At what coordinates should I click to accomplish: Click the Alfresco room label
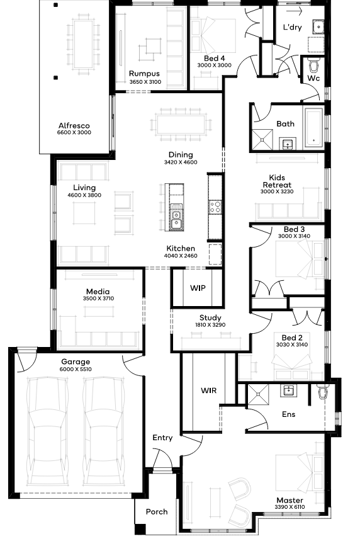point(74,125)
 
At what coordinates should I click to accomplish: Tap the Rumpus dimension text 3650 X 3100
point(145,82)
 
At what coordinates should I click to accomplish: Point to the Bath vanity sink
point(288,144)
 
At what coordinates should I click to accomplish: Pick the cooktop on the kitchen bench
point(215,207)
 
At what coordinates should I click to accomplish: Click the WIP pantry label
point(198,288)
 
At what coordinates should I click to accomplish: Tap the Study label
point(210,317)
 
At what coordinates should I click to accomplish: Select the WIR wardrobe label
point(208,390)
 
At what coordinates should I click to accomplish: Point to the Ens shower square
point(258,394)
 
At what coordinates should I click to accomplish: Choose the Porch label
point(157,511)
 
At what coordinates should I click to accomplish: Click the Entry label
point(162,438)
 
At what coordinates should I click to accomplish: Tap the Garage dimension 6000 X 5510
point(76,369)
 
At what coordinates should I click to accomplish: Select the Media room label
point(98,292)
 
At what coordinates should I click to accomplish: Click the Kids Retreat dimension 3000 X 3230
point(277,191)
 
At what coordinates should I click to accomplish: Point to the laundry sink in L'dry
point(318,27)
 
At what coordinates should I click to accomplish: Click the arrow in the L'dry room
point(294,12)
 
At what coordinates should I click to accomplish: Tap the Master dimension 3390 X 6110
point(290,507)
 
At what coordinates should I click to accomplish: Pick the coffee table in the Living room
point(84,213)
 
